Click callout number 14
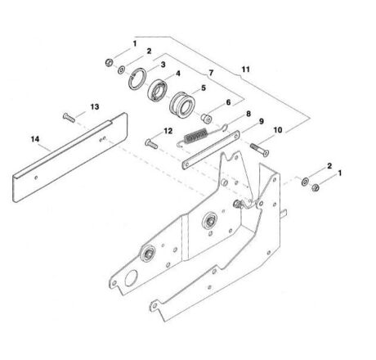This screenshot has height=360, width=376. (x=35, y=139)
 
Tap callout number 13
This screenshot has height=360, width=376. (x=95, y=106)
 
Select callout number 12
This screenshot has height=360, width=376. (x=168, y=131)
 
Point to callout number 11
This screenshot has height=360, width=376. (x=245, y=70)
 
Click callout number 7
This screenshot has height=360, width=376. (x=211, y=73)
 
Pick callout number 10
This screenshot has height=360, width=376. (x=278, y=130)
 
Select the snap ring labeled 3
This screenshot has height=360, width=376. (x=137, y=79)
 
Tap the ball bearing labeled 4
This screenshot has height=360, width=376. (x=158, y=90)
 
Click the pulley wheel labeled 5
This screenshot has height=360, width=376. (x=182, y=104)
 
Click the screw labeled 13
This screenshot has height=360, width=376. (x=69, y=118)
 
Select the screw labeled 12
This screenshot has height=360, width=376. (x=151, y=144)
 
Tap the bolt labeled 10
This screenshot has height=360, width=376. (x=259, y=150)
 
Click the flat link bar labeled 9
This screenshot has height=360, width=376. (x=211, y=150)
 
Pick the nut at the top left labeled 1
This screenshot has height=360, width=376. (x=109, y=63)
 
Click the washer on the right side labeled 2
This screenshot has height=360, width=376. (x=305, y=182)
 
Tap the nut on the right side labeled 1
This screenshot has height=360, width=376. (x=316, y=187)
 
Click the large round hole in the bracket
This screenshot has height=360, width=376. (x=131, y=278)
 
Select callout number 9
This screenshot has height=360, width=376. (x=262, y=121)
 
